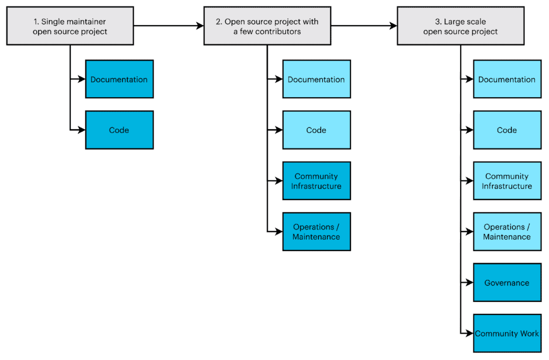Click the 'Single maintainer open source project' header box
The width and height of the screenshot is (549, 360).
(70, 26)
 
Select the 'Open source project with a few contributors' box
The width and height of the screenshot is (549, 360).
(267, 26)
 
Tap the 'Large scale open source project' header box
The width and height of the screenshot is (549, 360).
(460, 26)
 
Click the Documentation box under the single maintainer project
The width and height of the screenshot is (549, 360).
(119, 79)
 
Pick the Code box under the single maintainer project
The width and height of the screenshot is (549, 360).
(119, 130)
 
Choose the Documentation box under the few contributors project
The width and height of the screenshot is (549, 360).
(316, 79)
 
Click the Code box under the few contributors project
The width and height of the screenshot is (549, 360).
(316, 130)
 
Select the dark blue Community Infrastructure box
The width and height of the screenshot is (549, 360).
(316, 181)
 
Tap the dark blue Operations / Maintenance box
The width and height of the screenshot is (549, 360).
(316, 232)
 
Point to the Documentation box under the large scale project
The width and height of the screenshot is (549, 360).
(507, 79)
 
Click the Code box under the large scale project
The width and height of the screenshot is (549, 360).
(507, 130)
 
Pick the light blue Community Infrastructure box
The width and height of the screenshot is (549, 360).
(507, 181)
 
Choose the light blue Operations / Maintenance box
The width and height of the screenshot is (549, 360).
(507, 232)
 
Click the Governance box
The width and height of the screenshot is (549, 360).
(507, 283)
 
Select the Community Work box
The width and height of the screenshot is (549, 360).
(507, 333)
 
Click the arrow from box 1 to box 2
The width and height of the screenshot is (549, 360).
(168, 25)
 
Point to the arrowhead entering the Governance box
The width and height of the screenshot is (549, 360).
(470, 283)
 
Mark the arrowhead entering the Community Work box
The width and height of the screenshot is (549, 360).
(470, 333)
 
